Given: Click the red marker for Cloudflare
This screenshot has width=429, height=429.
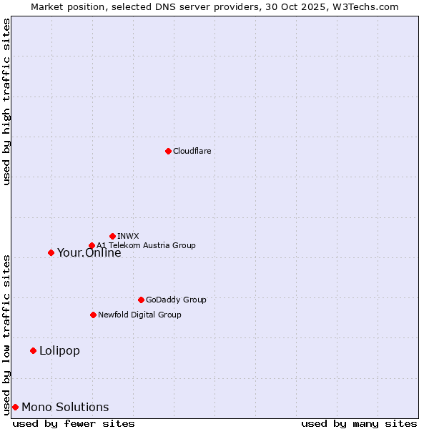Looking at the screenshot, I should tap(168, 151).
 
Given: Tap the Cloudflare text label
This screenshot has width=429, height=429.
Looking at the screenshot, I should tap(192, 151).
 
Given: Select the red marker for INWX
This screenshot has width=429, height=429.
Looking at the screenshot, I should tap(112, 236).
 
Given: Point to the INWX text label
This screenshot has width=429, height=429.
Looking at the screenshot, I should tap(128, 236).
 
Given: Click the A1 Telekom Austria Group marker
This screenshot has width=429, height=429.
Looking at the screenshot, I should tap(92, 245).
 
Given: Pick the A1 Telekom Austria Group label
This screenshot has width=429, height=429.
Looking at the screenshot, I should tap(146, 245).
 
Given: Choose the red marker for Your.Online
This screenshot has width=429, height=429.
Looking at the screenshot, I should tap(51, 252).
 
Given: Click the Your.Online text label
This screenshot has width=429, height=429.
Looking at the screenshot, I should tap(89, 252).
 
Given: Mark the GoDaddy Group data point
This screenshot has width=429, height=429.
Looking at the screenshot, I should tap(141, 300).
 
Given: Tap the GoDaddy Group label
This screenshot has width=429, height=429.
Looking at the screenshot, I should tap(175, 300).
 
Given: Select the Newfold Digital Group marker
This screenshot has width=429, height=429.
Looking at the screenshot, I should tap(93, 315).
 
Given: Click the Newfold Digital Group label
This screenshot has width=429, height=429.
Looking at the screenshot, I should tap(139, 315).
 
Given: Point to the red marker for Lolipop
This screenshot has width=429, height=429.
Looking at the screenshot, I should tap(33, 350).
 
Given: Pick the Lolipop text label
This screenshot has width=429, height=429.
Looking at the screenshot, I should tap(59, 350).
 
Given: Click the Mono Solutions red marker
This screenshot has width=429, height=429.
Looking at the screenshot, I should tap(15, 407).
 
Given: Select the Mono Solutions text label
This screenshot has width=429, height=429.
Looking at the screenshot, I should tap(65, 407).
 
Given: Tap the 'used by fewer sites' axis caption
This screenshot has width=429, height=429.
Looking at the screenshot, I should tap(74, 423).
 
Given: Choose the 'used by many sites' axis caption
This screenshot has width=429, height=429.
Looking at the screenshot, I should tap(359, 423).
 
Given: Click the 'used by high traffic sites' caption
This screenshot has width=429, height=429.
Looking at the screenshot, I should tap(6, 102).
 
